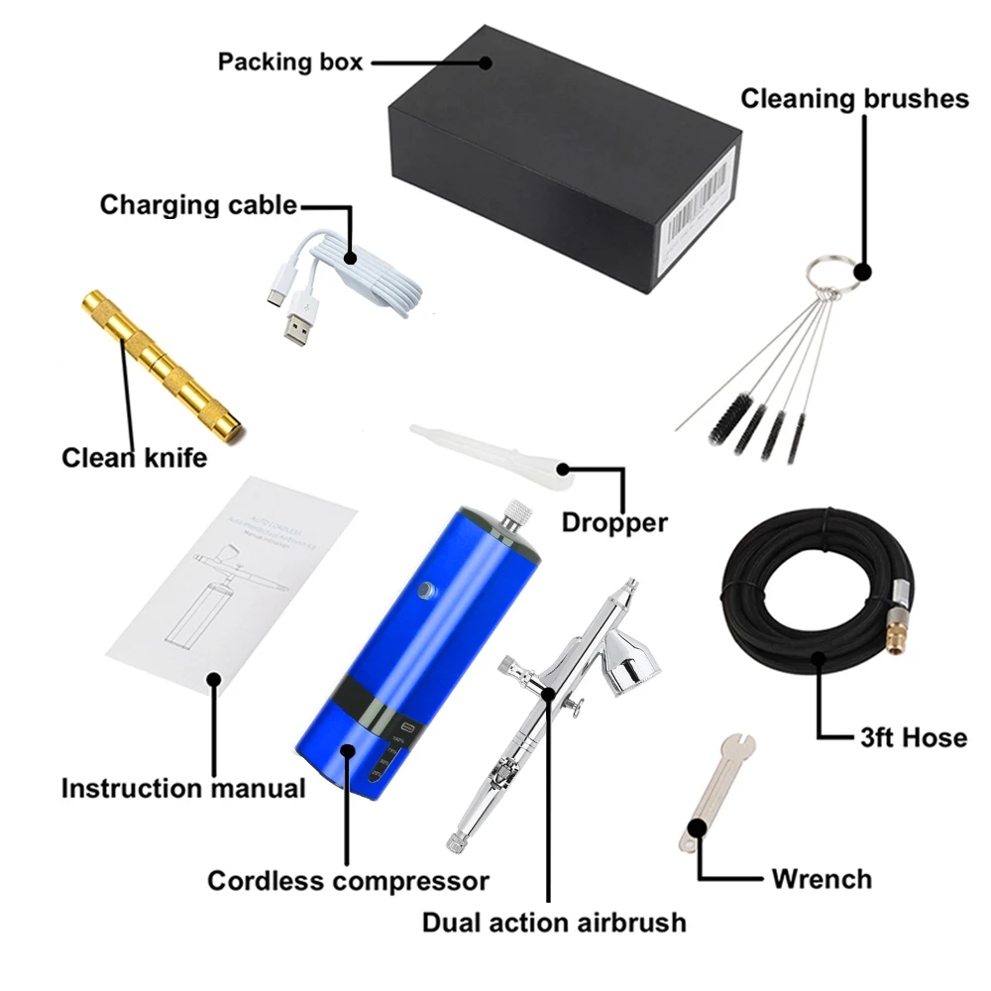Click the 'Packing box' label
[290, 61]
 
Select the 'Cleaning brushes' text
[854, 98]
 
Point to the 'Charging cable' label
[198, 205]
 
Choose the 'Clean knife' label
[135, 458]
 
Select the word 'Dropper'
[614, 522]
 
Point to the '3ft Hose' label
[913, 737]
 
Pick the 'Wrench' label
[822, 879]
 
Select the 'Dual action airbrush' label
[554, 923]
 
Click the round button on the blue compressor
[427, 591]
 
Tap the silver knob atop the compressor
[514, 514]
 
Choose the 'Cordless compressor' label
[348, 880]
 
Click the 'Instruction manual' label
[183, 789]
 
